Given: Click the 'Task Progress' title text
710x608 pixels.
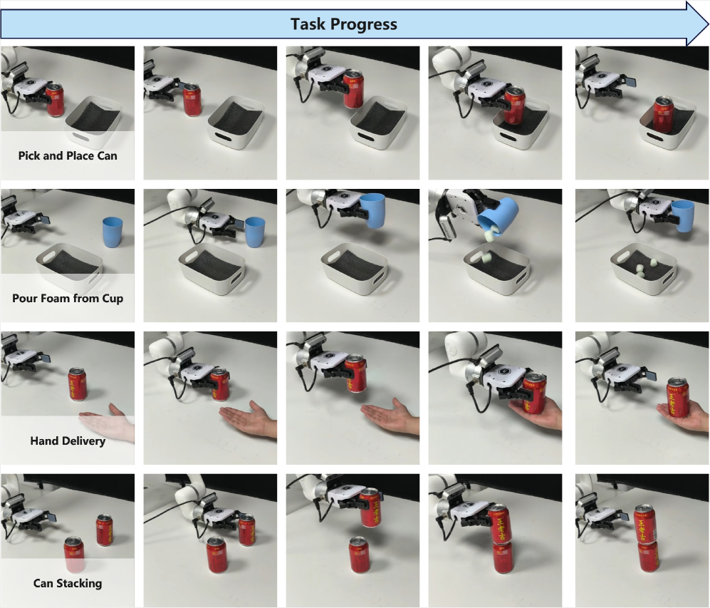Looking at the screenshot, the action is point(344,24).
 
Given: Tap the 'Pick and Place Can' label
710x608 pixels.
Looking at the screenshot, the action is point(68,156).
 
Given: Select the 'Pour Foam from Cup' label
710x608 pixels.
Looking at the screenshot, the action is point(68,299).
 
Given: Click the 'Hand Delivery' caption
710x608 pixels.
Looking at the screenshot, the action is point(68,440).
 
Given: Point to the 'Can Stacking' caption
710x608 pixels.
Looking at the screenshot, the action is point(68,583).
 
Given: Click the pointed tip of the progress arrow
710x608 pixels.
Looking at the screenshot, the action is point(708,24).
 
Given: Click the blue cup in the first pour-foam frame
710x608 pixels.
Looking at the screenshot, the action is point(113,232).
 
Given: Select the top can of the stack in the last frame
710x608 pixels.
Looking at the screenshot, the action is point(644,524).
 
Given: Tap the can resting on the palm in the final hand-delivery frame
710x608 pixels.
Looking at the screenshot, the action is point(678,397).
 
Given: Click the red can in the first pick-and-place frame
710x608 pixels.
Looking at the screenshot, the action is point(55,100).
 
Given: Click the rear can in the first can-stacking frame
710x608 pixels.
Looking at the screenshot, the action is point(105,530).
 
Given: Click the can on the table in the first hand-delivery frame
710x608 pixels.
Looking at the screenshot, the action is point(78,384).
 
